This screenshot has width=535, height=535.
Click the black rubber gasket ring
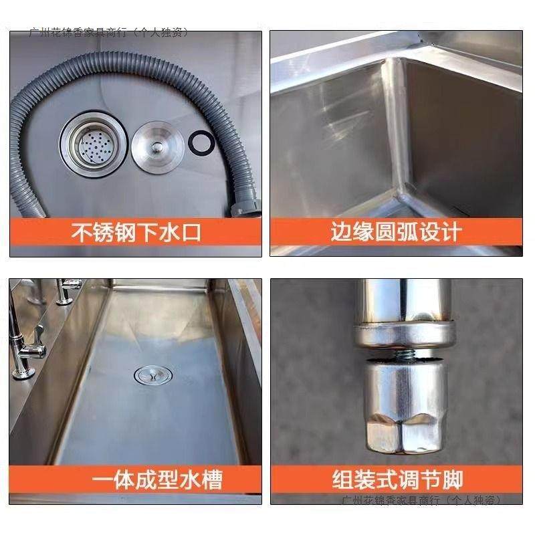[x=200, y=142]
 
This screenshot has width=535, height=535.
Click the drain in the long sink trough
[x=148, y=377]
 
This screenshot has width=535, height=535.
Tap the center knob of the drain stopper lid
[x=154, y=142]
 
